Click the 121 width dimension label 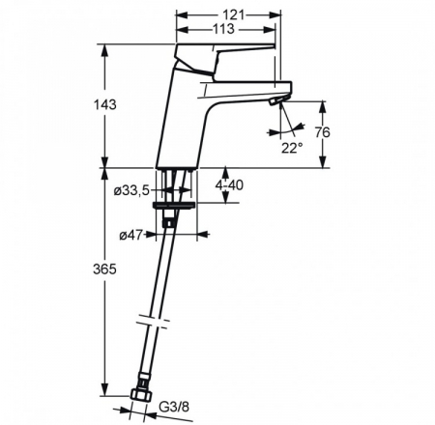click(234, 14)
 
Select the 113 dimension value click(223, 29)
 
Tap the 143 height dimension click(104, 104)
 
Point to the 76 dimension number click(323, 132)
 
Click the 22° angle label click(292, 148)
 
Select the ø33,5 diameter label click(131, 191)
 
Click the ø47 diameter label click(130, 236)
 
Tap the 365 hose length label click(104, 269)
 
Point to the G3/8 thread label click(174, 408)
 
